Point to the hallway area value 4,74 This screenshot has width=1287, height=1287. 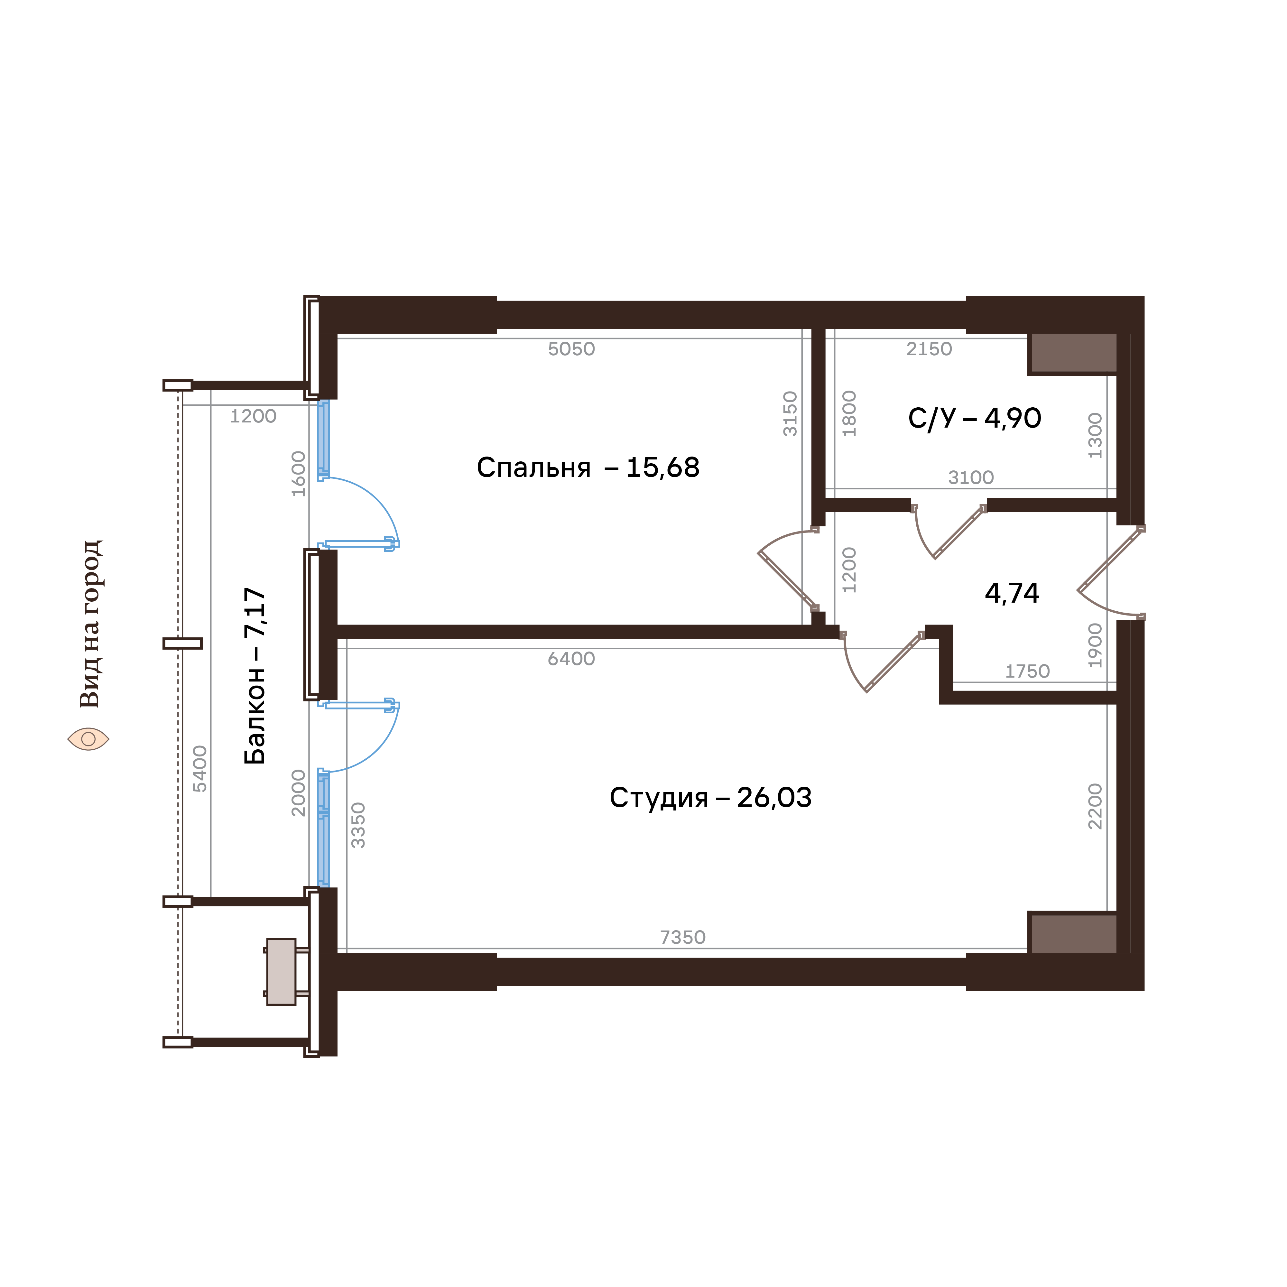[x=1012, y=593]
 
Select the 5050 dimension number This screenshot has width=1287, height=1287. [x=571, y=349]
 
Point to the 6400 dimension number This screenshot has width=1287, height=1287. [x=571, y=659]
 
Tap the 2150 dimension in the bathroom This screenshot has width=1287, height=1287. [x=929, y=349]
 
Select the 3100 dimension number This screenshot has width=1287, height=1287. [x=971, y=477]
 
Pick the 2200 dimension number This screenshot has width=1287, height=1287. [x=1095, y=806]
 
